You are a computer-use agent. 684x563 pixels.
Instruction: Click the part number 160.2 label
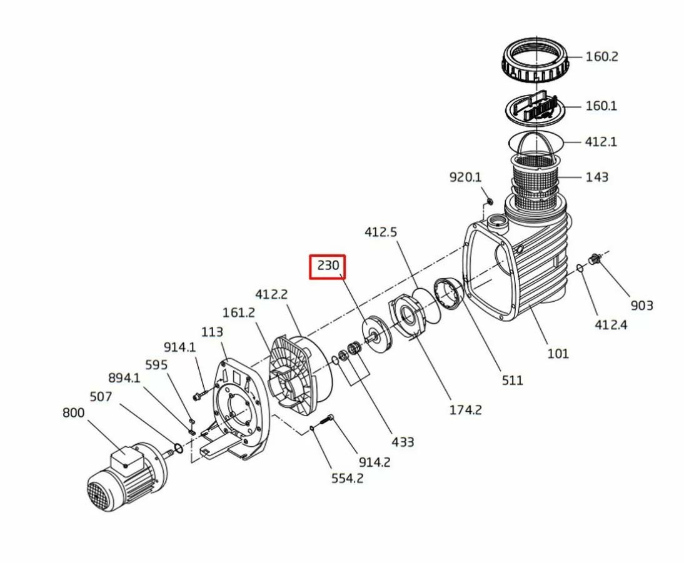(601, 57)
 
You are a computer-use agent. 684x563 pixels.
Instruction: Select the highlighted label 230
(328, 266)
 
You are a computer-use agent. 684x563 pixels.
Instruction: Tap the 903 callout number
(641, 306)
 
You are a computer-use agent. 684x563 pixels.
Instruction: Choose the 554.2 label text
(347, 479)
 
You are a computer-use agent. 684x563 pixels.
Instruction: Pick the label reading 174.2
(465, 410)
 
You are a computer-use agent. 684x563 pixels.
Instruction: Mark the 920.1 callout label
(466, 177)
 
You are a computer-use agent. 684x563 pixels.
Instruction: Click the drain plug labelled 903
(595, 259)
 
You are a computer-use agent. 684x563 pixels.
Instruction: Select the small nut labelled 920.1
(490, 201)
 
